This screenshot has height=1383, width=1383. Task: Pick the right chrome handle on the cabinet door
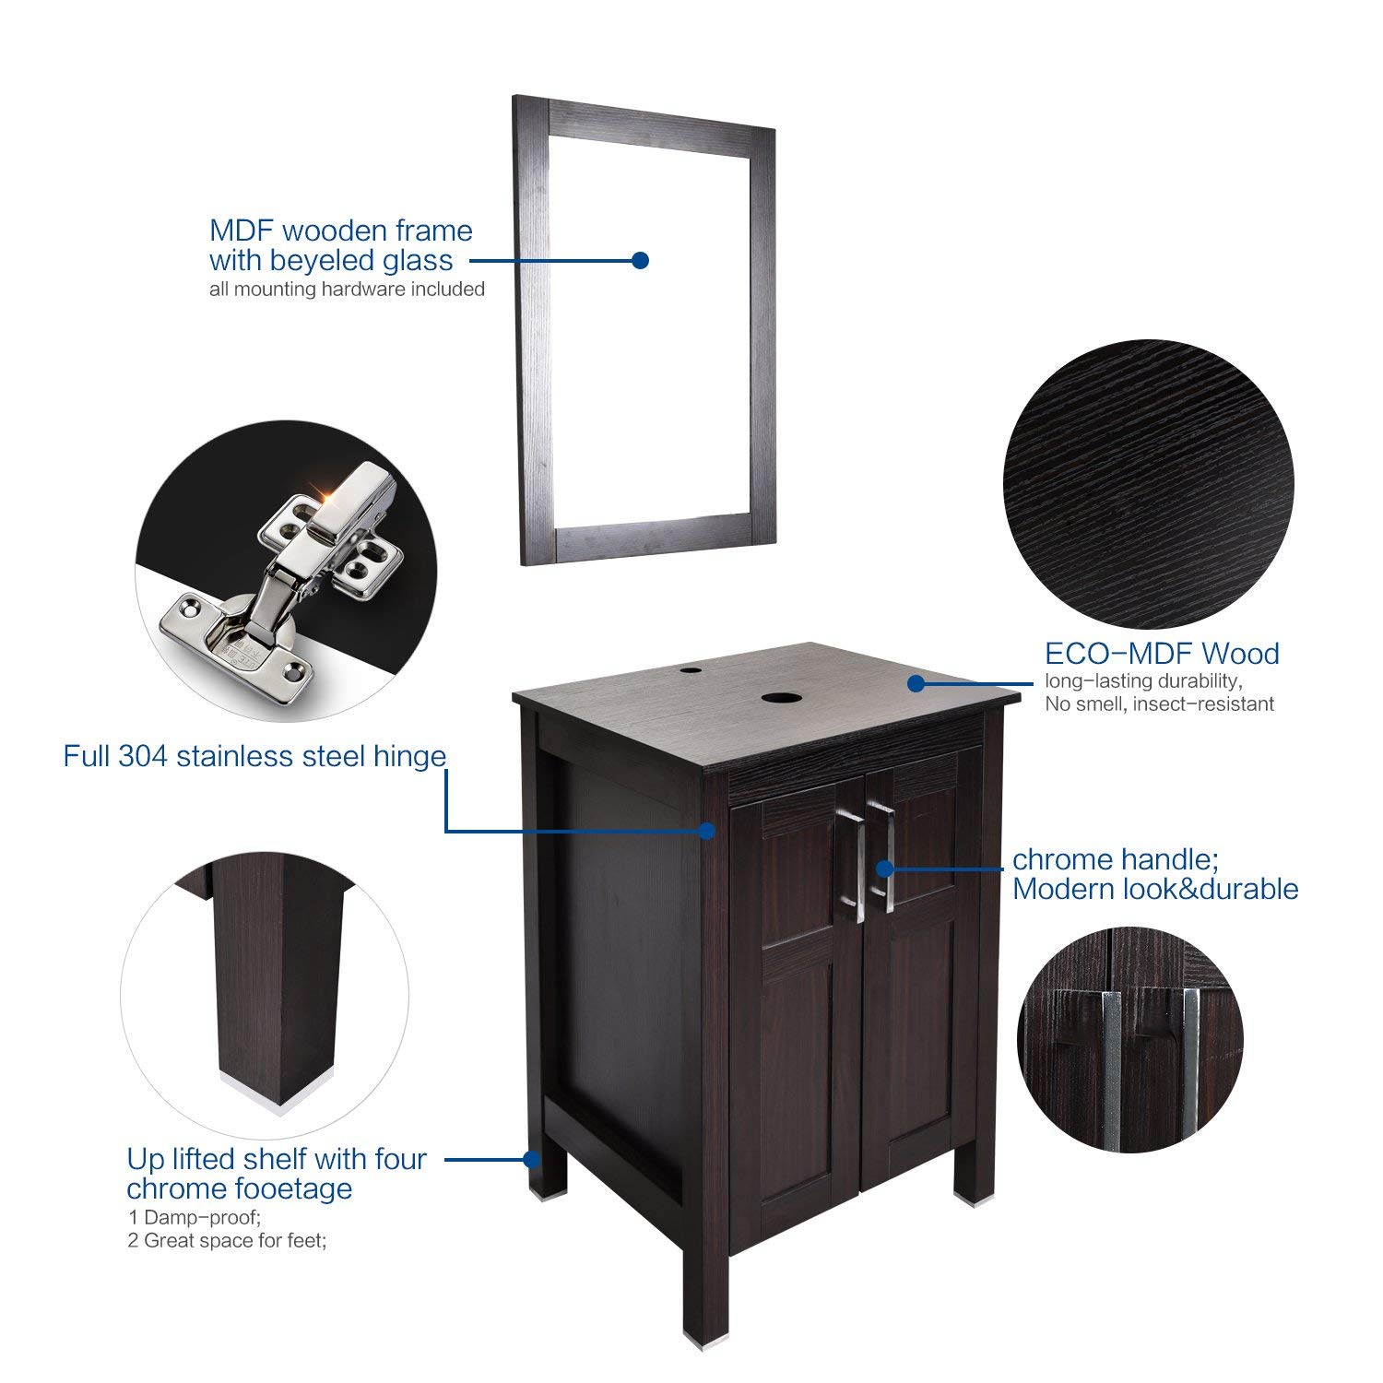(x=887, y=857)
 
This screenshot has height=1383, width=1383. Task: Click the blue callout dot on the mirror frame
(x=641, y=261)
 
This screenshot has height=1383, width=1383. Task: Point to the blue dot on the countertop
(x=916, y=683)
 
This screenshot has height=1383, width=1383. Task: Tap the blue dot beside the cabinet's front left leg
(x=532, y=1159)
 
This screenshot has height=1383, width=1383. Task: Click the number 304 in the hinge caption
(x=143, y=757)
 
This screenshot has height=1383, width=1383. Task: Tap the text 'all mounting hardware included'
(x=347, y=290)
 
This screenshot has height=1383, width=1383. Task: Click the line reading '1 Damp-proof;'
(x=194, y=1218)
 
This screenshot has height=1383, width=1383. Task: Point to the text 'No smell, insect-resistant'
(x=1159, y=704)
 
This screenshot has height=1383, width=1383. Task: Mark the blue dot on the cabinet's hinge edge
(x=707, y=831)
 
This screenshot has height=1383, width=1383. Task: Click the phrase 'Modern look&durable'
(x=1155, y=890)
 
